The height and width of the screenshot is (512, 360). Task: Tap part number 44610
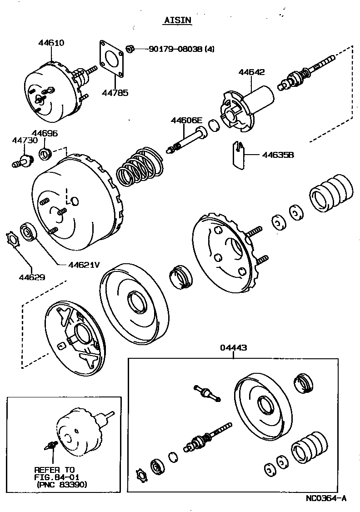pyautogui.click(x=51, y=43)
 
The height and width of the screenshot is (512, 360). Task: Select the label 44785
pyautogui.click(x=115, y=93)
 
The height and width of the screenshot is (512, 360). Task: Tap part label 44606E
pyautogui.click(x=186, y=120)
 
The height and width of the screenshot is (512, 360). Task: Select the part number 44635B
pyautogui.click(x=278, y=155)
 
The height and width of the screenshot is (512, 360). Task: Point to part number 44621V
pyautogui.click(x=84, y=264)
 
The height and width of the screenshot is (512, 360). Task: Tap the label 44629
pyautogui.click(x=32, y=276)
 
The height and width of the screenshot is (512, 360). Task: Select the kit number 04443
pyautogui.click(x=234, y=348)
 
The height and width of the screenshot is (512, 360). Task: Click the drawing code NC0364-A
pyautogui.click(x=325, y=498)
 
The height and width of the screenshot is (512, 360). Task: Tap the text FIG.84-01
pyautogui.click(x=55, y=477)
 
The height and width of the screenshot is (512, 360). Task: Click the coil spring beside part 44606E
pyautogui.click(x=139, y=167)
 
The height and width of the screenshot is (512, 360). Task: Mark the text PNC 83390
pyautogui.click(x=62, y=484)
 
